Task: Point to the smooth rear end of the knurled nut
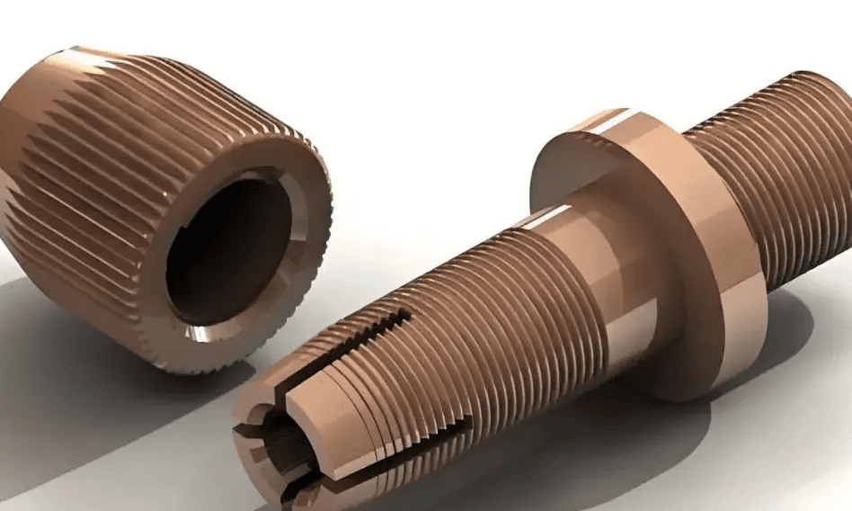pyautogui.click(x=18, y=135)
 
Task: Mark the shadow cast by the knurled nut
pyautogui.click(x=81, y=378)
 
